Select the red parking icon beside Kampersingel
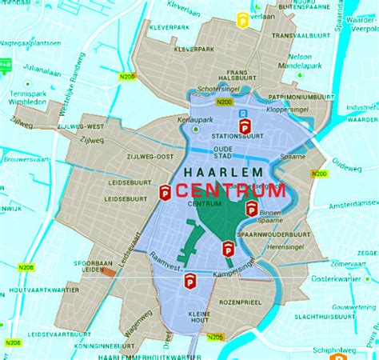click(x=190, y=280)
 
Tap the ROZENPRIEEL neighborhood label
click(x=242, y=302)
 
